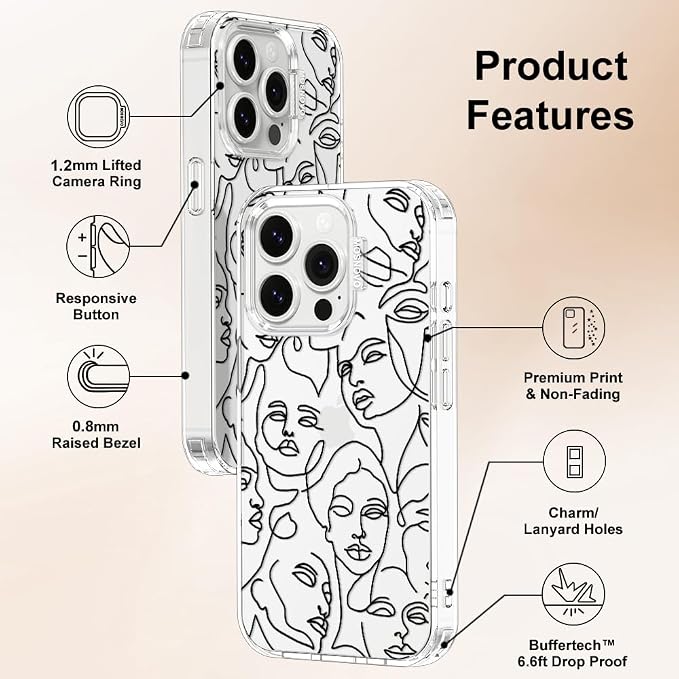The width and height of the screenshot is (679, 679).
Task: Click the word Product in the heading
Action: point(551,65)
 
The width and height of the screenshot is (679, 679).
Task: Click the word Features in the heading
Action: point(550,114)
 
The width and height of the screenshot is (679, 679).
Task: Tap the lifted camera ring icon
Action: point(99,116)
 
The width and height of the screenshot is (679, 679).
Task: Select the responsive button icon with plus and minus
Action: point(98,247)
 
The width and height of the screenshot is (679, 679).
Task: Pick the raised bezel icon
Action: point(99,376)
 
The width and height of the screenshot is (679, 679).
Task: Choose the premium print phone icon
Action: point(574,328)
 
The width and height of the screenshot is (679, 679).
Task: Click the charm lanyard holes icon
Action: point(574,461)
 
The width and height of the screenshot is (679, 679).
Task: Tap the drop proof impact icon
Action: point(573,594)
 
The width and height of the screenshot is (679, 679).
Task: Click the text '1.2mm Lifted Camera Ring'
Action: point(96,173)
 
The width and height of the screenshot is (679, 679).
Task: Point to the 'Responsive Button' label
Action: point(96,306)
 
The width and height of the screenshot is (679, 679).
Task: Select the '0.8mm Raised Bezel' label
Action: point(96,435)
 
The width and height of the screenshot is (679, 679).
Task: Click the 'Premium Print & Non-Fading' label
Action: point(573,386)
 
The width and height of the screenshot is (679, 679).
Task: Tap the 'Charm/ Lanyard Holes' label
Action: point(573,521)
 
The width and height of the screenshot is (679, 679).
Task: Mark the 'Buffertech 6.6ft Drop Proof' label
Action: point(572,653)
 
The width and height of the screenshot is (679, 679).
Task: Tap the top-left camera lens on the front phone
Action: point(277,236)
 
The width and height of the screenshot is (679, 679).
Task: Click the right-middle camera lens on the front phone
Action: point(322,265)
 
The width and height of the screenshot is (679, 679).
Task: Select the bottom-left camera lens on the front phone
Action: point(277,294)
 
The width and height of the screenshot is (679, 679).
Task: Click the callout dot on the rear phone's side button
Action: point(195,185)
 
